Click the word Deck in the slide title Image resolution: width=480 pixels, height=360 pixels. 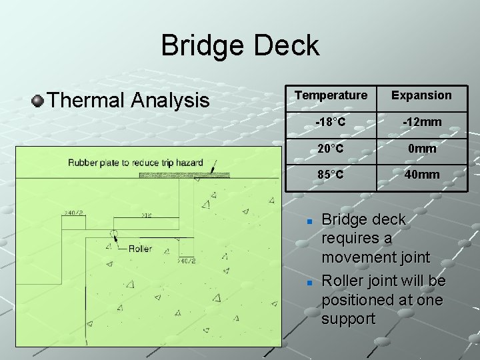[288, 46]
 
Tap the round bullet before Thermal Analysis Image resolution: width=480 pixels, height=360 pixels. [38, 101]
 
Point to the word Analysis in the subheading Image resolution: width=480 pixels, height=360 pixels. [170, 101]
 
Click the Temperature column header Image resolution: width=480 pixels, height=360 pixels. [331, 95]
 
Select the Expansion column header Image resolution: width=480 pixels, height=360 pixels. [421, 95]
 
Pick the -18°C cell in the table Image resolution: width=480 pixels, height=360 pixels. [331, 122]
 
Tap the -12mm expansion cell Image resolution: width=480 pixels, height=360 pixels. [421, 122]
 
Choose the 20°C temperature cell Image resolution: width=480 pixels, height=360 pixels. [331, 148]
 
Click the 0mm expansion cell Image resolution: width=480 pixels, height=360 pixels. [421, 148]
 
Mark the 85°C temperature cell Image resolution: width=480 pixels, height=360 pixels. [331, 175]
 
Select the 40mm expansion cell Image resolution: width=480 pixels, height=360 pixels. [421, 175]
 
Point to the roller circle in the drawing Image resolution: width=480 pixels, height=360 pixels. [113, 235]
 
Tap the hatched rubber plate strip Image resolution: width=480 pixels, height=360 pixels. [184, 175]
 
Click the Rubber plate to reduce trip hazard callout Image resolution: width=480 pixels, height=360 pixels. [135, 163]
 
